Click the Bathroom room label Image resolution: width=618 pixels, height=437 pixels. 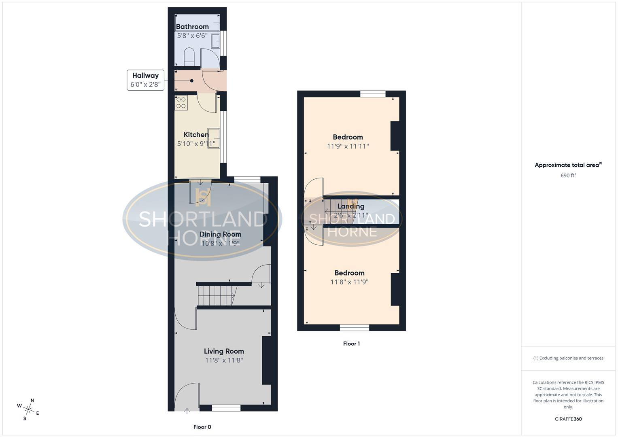tap(192, 27)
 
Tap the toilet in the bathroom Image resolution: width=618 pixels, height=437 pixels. tap(189, 57)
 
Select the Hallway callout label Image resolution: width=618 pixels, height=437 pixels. tap(145, 76)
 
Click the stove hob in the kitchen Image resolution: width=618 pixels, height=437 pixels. tap(181, 103)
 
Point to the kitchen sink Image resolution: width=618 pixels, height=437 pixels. tap(214, 138)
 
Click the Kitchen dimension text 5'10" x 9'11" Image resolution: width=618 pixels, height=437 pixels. tap(196, 144)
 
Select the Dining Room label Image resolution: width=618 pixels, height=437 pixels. tap(220, 234)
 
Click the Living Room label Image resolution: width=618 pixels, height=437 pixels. tap(224, 351)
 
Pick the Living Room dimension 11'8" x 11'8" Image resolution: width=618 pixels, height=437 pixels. tap(224, 360)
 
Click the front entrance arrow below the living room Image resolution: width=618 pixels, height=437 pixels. tap(187, 411)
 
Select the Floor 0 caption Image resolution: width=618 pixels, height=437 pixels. tap(202, 427)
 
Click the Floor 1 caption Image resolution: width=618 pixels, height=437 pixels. tap(351, 344)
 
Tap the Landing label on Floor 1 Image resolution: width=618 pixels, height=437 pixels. tap(351, 206)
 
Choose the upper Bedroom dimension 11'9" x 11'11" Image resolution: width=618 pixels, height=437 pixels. tap(348, 146)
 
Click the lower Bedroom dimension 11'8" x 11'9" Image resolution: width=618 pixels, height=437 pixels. tap(349, 282)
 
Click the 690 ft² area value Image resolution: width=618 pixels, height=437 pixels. tap(568, 176)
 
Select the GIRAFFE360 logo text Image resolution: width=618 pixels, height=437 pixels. tap(568, 419)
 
